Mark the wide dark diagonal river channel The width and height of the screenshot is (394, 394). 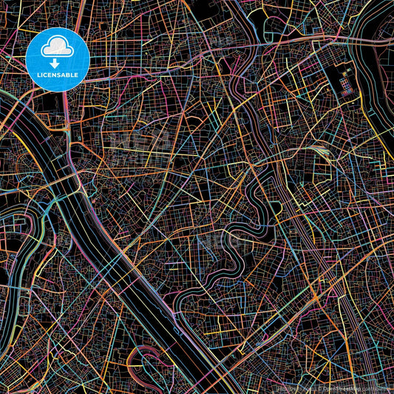111,244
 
